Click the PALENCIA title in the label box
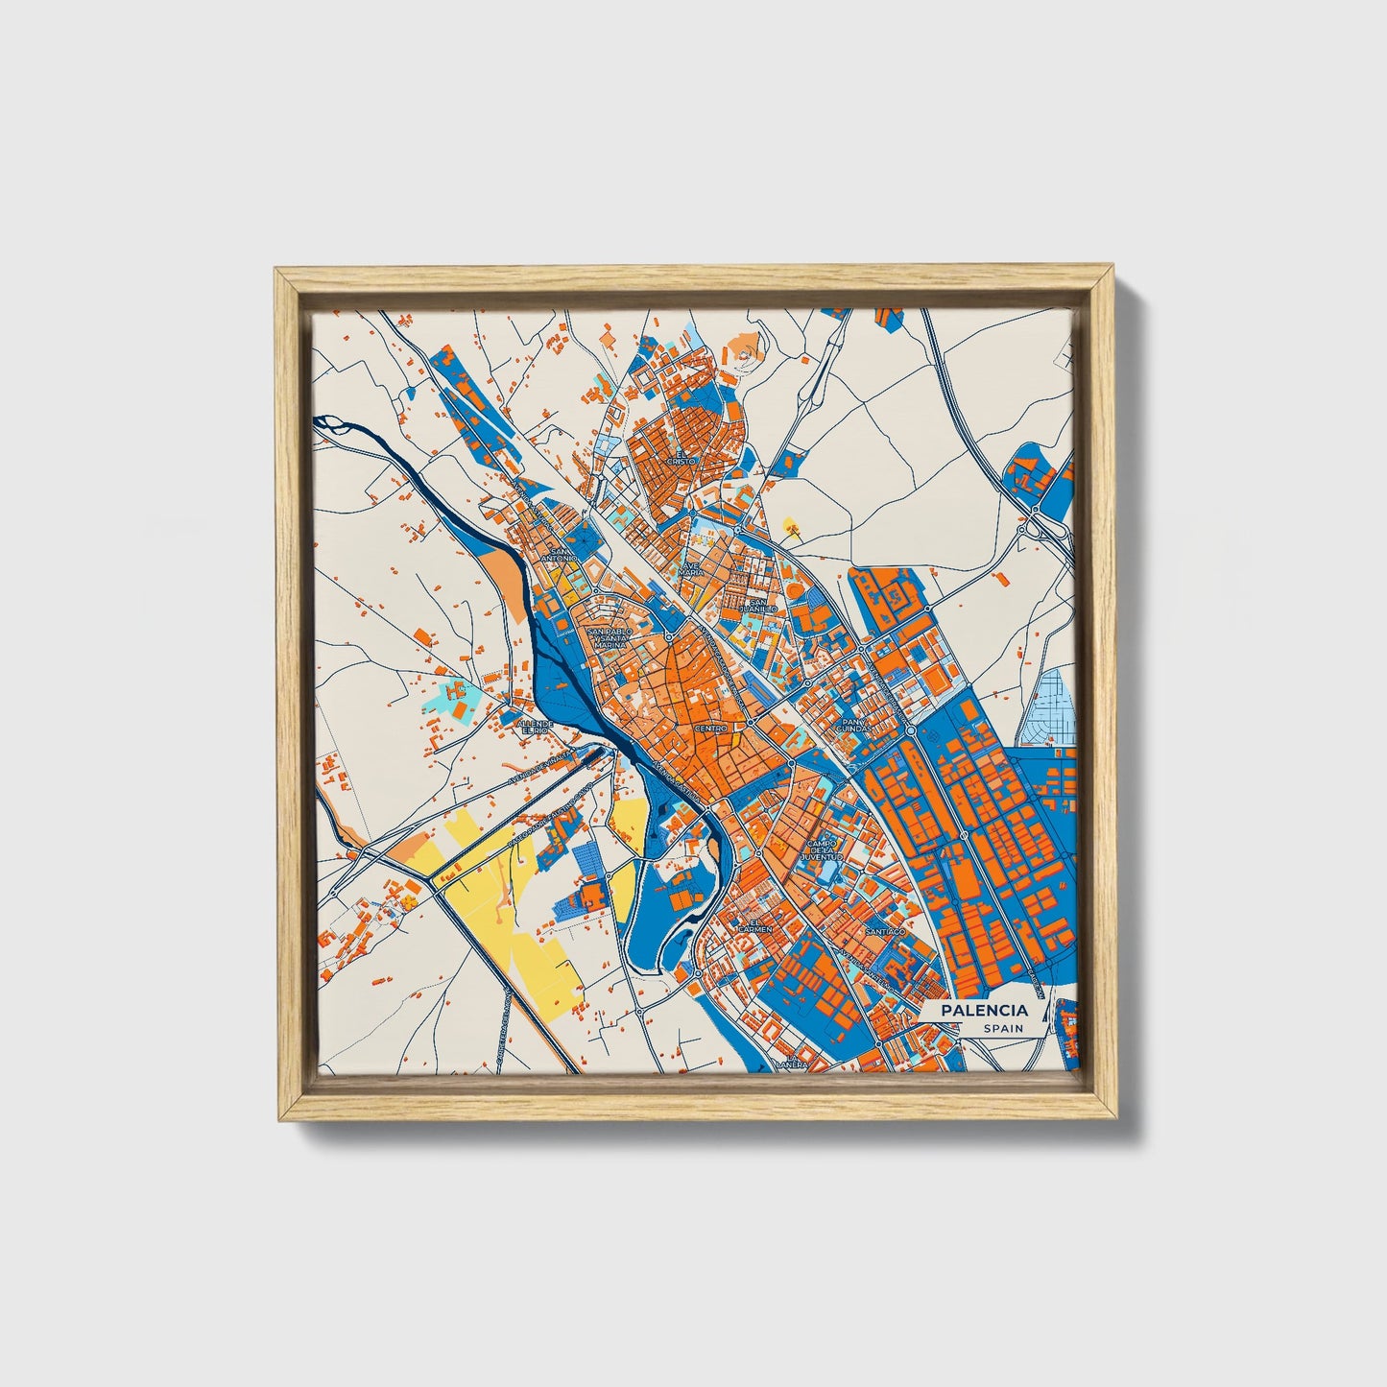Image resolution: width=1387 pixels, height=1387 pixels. (x=984, y=1010)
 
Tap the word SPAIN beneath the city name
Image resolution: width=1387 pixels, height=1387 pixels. (x=1002, y=1028)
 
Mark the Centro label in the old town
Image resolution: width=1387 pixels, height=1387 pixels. (x=711, y=729)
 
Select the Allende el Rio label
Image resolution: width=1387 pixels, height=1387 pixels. (x=536, y=727)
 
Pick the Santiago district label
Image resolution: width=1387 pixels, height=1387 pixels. (x=884, y=931)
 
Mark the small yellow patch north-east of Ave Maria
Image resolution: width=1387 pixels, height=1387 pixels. (x=791, y=525)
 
